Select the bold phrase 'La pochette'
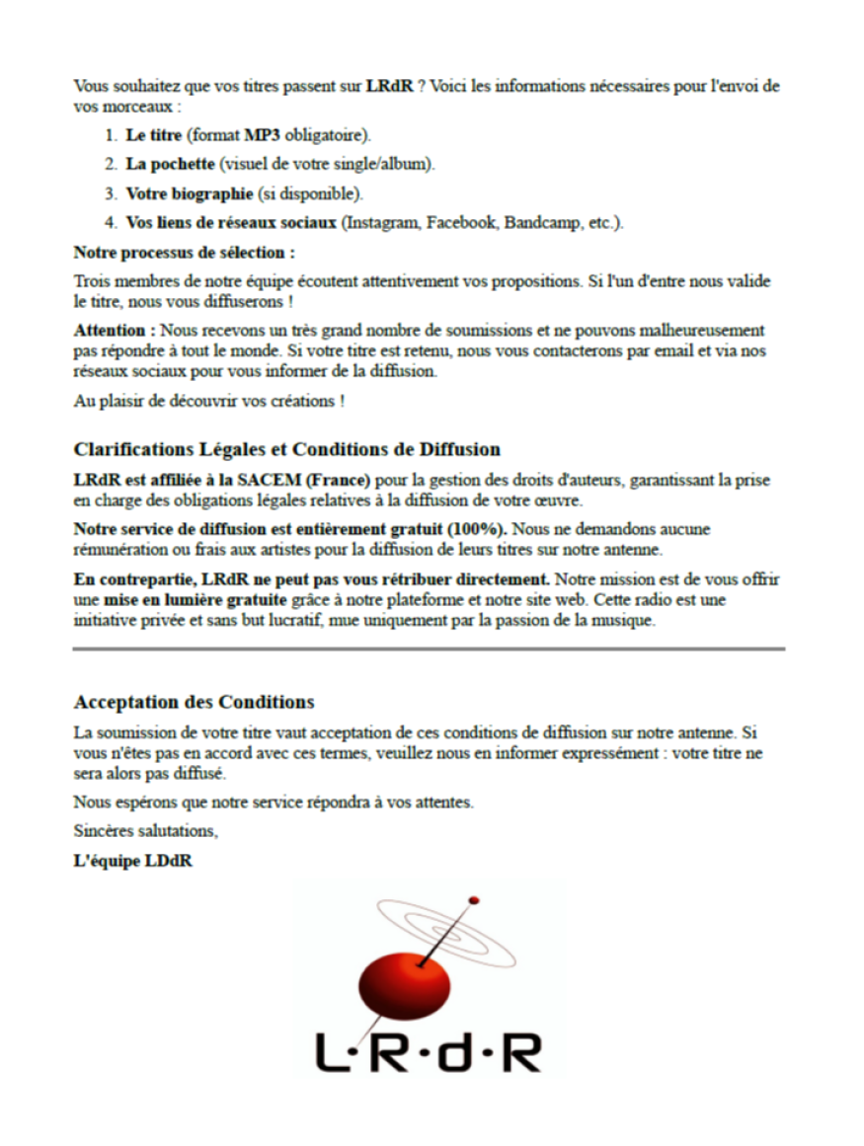170,165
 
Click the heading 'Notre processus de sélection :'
185,253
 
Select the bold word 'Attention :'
115,331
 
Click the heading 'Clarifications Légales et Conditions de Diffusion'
286,450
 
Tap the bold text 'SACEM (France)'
310,481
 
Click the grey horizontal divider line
429,649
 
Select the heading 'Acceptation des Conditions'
194,703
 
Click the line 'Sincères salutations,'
146,831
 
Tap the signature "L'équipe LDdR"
132,861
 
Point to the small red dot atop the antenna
474,900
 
